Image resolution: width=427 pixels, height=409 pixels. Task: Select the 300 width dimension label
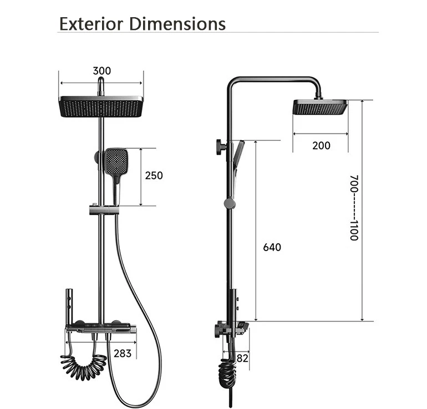click(101, 71)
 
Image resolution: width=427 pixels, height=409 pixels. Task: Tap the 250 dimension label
click(154, 176)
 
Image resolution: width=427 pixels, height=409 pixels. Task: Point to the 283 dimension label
click(123, 353)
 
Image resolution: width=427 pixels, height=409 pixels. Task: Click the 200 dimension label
click(321, 146)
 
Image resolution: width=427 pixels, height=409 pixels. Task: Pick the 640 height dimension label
click(272, 247)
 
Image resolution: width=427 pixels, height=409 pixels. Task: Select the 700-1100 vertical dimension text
click(354, 208)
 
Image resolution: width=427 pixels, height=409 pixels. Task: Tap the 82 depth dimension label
click(242, 359)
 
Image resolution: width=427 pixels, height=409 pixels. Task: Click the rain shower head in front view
click(101, 106)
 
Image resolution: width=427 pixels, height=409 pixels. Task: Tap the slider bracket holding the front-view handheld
click(102, 210)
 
